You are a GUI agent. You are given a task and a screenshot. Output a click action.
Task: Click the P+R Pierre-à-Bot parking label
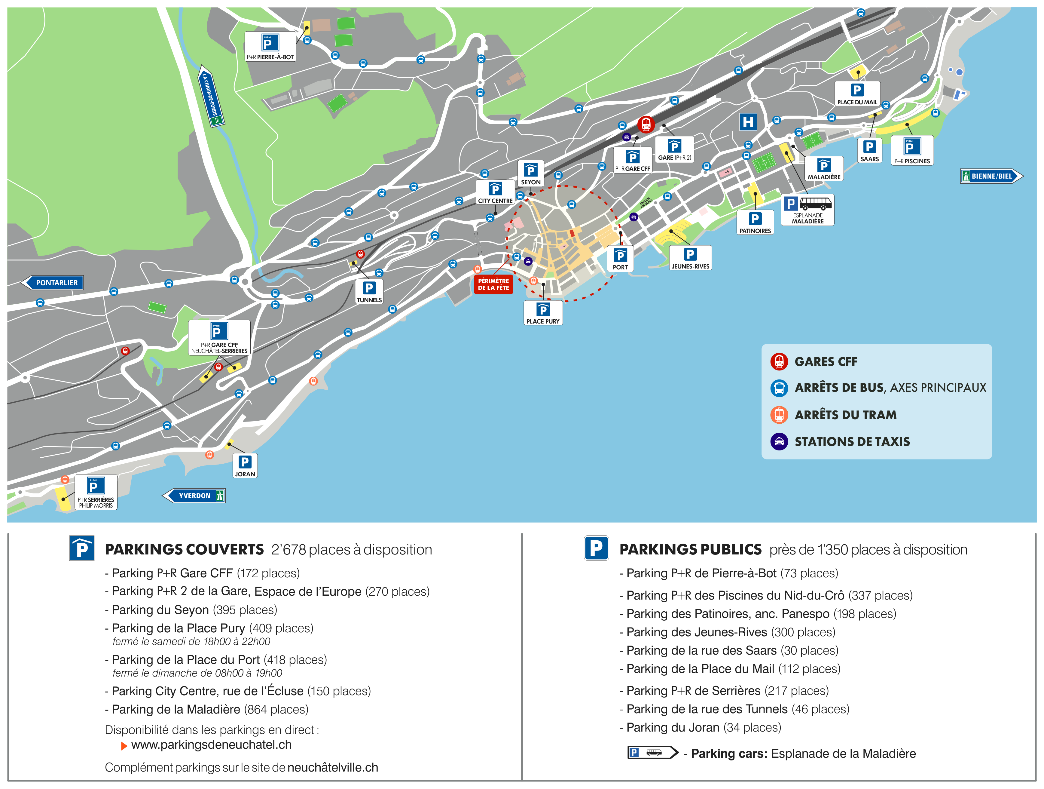[x=270, y=46]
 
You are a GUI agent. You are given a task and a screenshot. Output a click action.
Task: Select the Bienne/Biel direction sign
[x=991, y=176]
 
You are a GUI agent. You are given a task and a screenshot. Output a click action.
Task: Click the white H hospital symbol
[x=748, y=122]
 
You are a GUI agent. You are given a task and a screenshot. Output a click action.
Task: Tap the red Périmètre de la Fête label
[x=493, y=284]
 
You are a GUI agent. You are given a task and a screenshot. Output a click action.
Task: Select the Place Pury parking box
[x=543, y=313]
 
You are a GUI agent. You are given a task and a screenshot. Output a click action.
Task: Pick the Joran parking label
[x=245, y=465]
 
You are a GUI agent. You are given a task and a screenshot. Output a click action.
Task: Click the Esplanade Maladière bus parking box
[x=807, y=210]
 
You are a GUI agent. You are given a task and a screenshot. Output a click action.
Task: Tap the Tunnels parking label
[x=369, y=291]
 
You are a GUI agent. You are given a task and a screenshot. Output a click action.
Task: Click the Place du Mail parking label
[x=857, y=94]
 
